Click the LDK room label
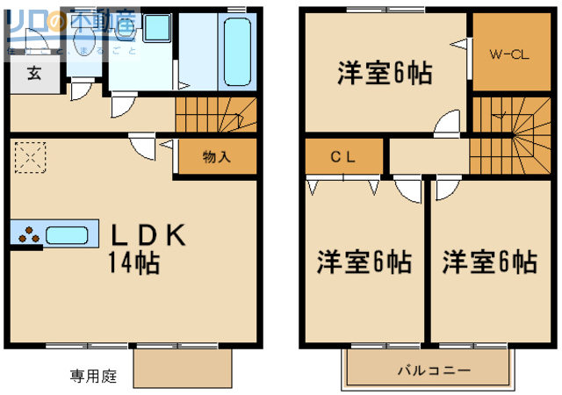pos(147,235)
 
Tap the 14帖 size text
pos(133,262)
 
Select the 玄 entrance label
pos(32,74)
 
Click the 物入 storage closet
pos(216,158)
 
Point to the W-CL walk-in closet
pos(508,54)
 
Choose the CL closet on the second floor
pos(342,158)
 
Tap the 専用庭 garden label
pos(93,377)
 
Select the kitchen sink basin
pos(68,234)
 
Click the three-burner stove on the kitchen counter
pos(29,234)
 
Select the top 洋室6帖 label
pos(385,75)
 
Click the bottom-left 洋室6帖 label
pos(364,262)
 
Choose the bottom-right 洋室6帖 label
pos(489,262)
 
